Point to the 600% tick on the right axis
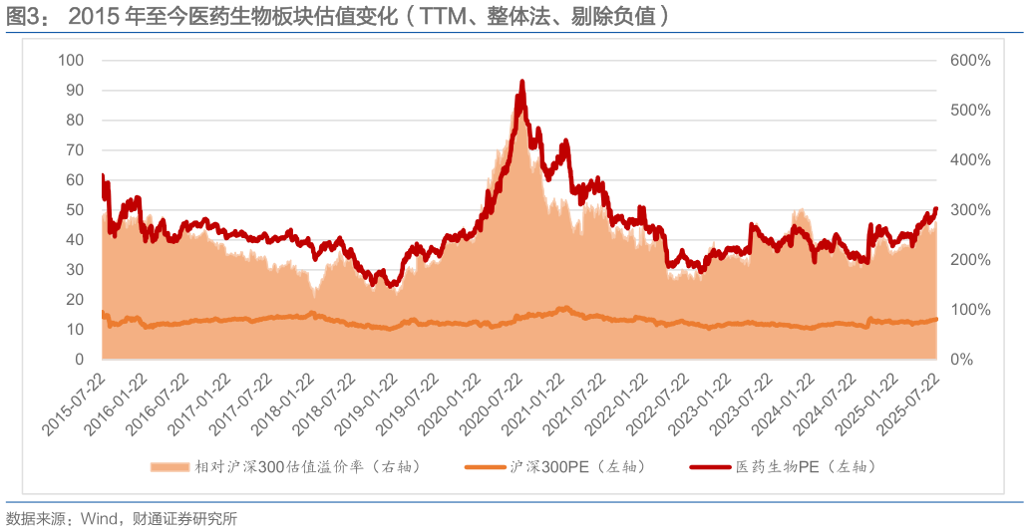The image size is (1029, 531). click(970, 61)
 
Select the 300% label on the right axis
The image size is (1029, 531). click(970, 210)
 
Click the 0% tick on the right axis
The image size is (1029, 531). click(961, 360)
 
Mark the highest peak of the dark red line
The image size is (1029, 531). click(521, 82)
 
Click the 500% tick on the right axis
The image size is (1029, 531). click(970, 111)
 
